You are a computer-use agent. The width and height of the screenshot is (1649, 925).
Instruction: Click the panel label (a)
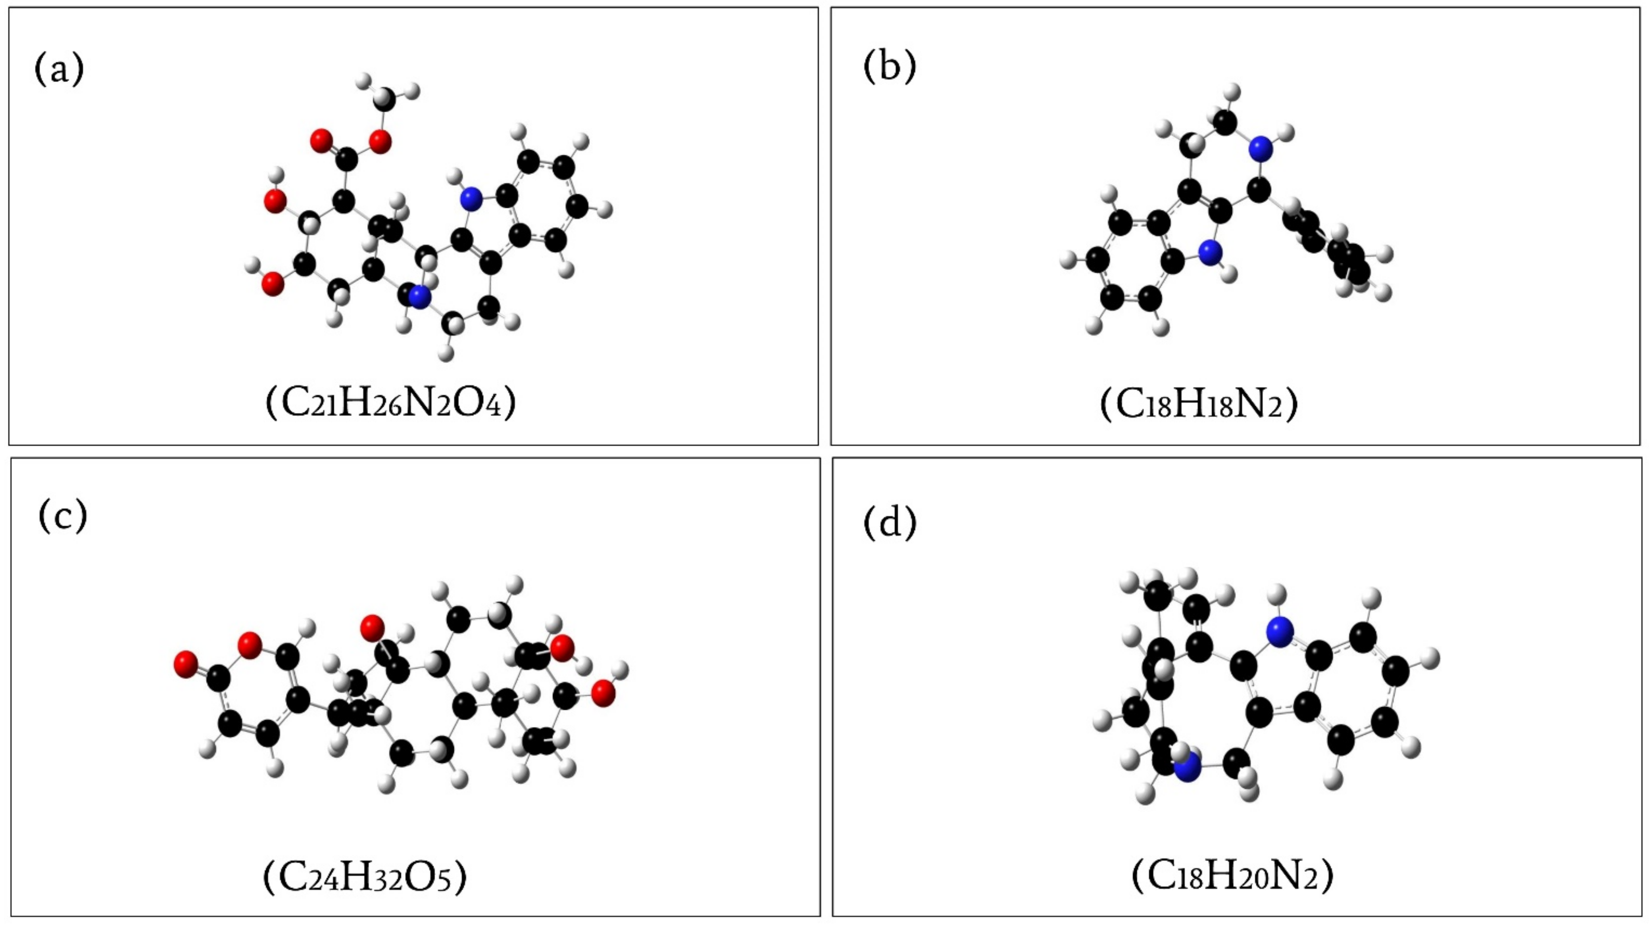tap(59, 69)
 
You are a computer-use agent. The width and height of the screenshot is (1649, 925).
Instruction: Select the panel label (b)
tap(890, 66)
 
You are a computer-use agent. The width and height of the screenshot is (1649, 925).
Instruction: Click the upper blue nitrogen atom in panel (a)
tap(471, 199)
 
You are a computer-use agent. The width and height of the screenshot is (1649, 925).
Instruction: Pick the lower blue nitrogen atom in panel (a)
tap(419, 296)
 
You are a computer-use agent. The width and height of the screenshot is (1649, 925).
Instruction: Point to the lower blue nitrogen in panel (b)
tap(1209, 252)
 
